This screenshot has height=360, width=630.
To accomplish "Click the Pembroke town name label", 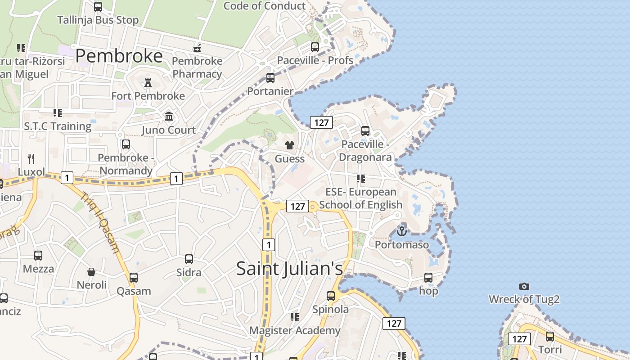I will (119, 56).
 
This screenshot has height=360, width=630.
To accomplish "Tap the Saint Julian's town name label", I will (289, 268).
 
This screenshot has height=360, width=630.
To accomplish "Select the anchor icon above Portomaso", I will (401, 231).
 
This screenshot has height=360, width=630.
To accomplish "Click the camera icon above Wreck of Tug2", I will (524, 286).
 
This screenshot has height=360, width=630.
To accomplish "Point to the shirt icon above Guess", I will (289, 145).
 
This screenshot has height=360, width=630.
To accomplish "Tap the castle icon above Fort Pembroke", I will (148, 83).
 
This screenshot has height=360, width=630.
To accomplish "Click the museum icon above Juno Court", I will (169, 117).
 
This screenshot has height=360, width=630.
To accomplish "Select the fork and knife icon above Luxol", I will (31, 158).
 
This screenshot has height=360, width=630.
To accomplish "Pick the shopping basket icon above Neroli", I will (91, 272).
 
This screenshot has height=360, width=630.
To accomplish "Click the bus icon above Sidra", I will (189, 259).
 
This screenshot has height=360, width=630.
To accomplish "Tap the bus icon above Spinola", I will (331, 296).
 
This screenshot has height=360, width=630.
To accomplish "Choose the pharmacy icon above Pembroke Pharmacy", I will (197, 48).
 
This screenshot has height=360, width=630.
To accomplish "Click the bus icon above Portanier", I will (270, 78).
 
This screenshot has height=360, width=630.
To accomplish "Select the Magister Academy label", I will (295, 331).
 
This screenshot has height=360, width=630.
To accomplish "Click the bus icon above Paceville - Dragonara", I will (365, 131).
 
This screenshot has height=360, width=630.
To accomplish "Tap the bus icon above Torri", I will (550, 337).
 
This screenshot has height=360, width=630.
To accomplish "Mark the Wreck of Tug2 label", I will (524, 299).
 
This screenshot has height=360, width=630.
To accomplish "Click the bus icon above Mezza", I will (38, 256).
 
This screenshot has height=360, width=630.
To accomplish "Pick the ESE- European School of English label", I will (360, 198).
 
